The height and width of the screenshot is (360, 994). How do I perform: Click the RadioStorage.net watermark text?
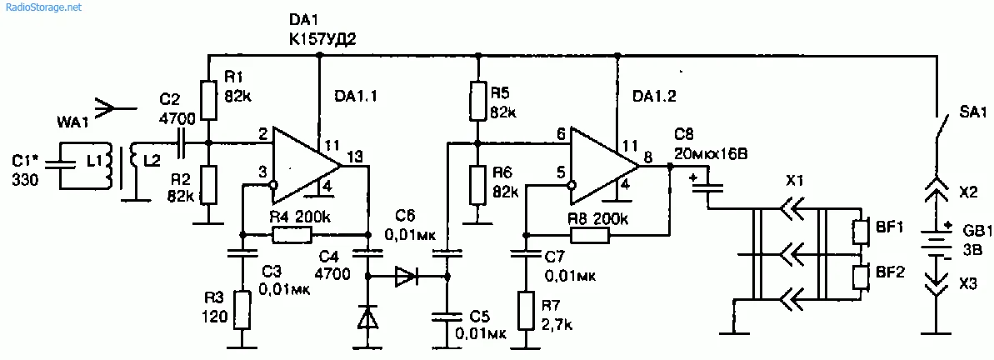point(42,7)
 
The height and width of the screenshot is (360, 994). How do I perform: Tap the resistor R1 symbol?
point(207,99)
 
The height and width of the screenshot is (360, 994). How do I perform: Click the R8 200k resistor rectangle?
point(588,236)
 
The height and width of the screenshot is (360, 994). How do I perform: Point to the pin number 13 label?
point(355,156)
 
